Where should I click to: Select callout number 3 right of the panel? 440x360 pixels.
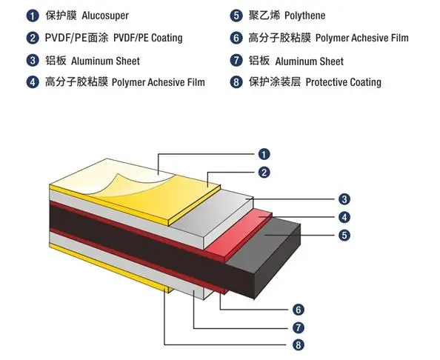coord(344,199)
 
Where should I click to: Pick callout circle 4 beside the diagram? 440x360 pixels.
coord(344,217)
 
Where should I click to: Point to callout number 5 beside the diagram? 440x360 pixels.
coord(344,236)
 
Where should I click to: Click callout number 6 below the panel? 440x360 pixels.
coord(298,309)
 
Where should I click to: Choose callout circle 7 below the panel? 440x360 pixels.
coord(298,327)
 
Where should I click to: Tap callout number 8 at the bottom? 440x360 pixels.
coord(298,344)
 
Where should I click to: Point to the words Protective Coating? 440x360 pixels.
coord(343,82)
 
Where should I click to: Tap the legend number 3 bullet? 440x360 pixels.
coord(33,60)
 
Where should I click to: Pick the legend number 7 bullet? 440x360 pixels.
coord(236,60)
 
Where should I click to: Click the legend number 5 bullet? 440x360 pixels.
coord(236,16)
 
